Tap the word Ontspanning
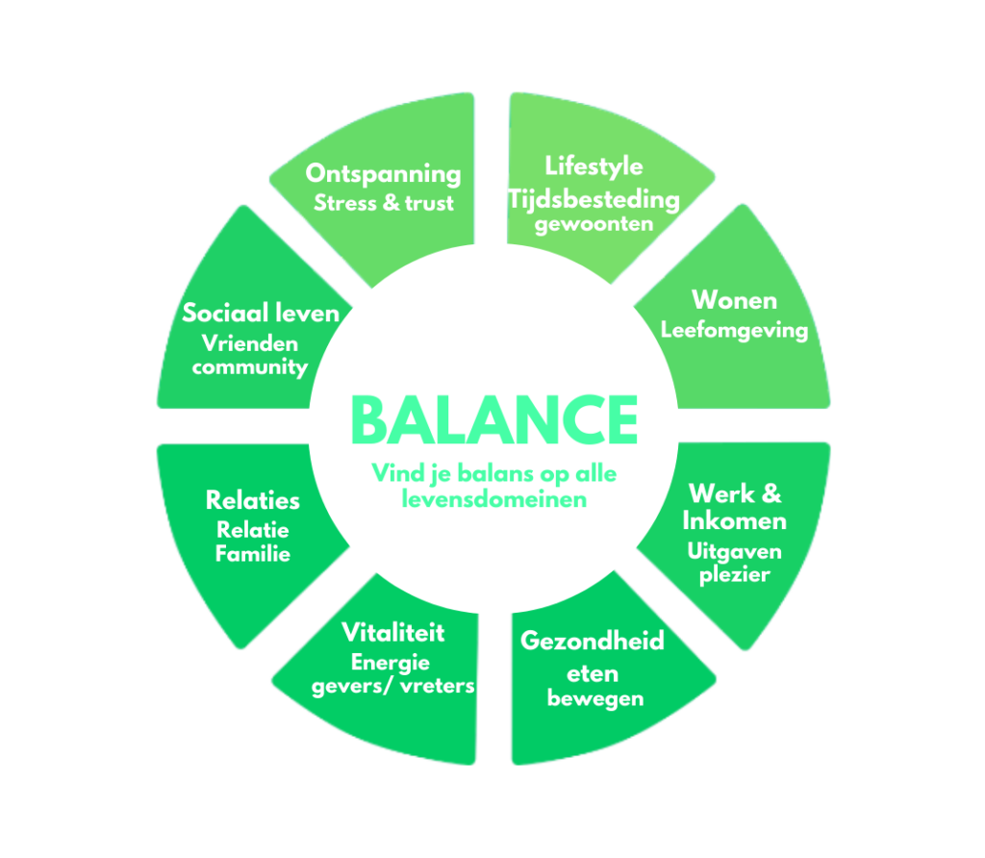point(383,174)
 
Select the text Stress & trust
point(383,203)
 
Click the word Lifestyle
point(594,165)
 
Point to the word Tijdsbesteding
point(594,199)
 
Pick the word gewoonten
point(594,224)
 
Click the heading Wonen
point(734,300)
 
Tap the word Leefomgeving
point(734,330)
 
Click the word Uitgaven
point(735,552)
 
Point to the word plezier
point(735,574)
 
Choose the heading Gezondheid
point(592,641)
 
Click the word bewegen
point(594,698)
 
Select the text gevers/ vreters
point(393,686)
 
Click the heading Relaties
point(252,500)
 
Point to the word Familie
point(252,554)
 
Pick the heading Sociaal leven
point(261,314)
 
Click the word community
point(249,367)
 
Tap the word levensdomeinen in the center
point(494,500)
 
